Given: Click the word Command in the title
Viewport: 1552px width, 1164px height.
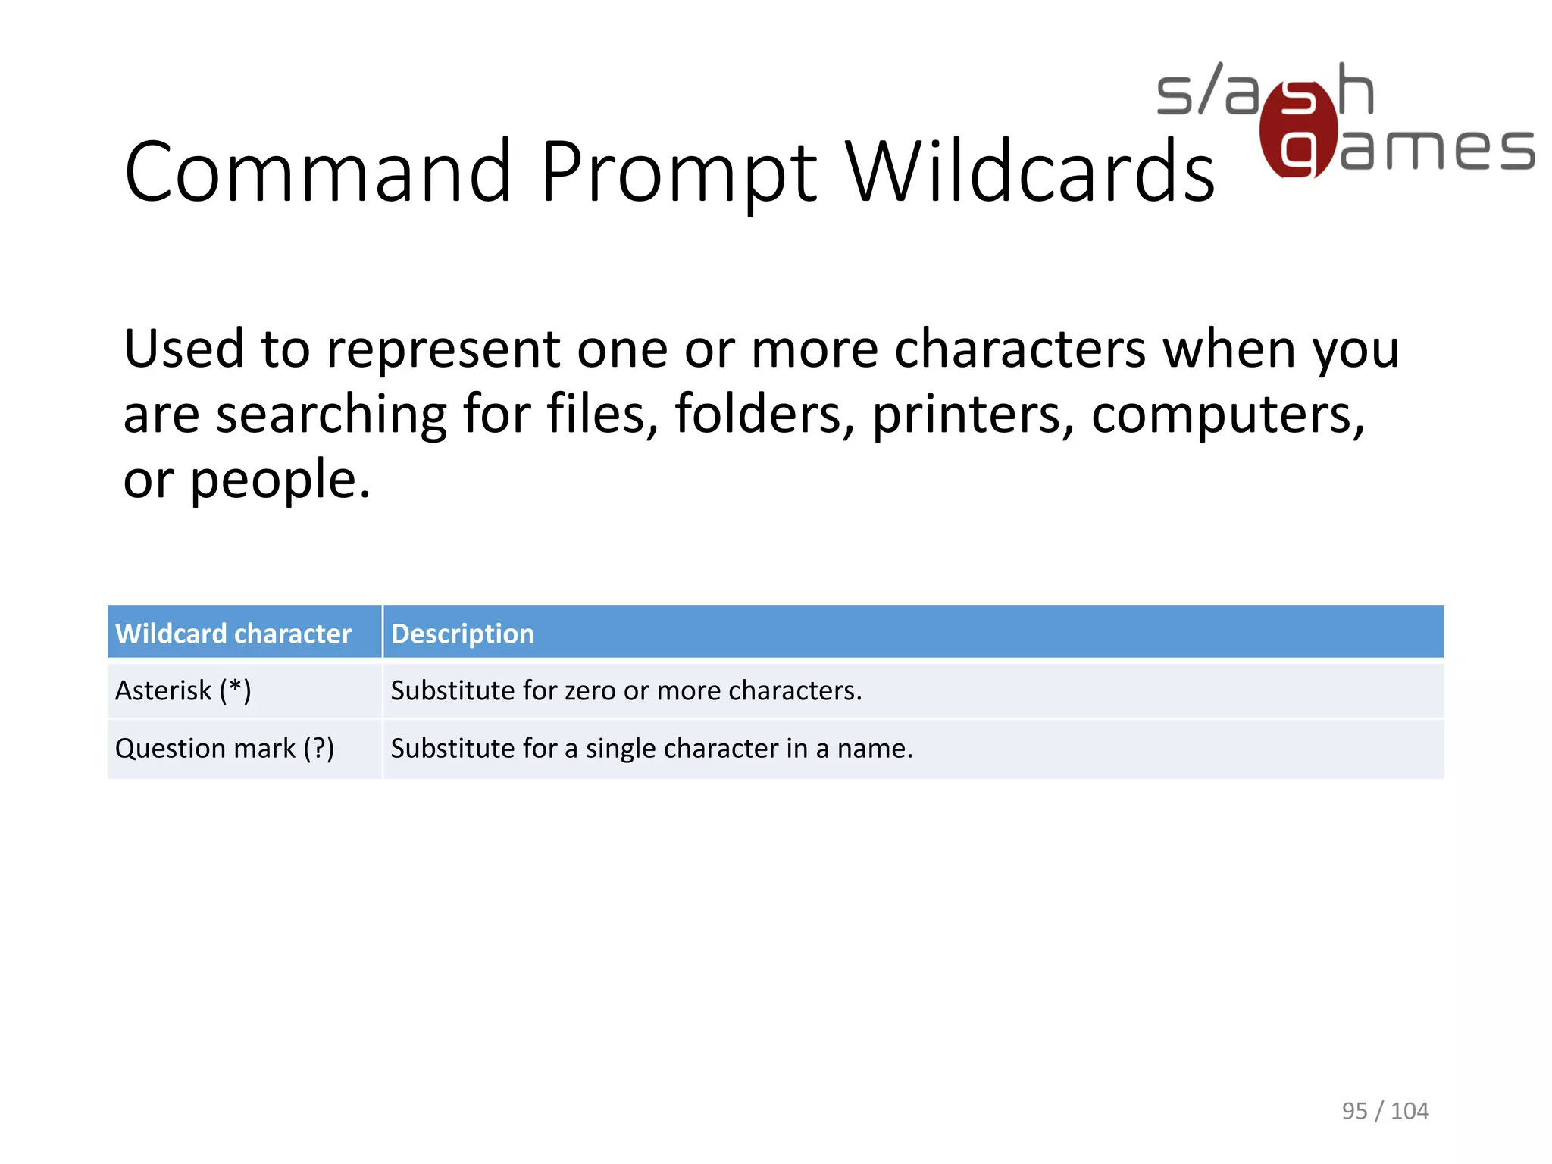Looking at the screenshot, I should pyautogui.click(x=318, y=172).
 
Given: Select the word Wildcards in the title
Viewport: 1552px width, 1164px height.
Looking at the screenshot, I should pyautogui.click(x=1029, y=172).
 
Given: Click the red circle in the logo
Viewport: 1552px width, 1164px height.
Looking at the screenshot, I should pyautogui.click(x=1297, y=130).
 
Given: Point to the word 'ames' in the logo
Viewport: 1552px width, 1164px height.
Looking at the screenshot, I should pyautogui.click(x=1437, y=149).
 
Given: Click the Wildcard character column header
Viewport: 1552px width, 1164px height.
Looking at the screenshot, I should pyautogui.click(x=233, y=634).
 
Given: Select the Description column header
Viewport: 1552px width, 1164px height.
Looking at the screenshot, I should pyautogui.click(x=462, y=634).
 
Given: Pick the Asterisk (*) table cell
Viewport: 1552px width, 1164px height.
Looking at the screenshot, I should pyautogui.click(x=183, y=690).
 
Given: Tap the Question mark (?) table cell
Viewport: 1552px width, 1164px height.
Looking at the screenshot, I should pyautogui.click(x=224, y=748).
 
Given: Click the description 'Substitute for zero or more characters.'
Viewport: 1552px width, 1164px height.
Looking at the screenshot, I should pyautogui.click(x=626, y=690).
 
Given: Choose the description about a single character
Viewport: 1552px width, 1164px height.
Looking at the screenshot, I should pyautogui.click(x=652, y=748).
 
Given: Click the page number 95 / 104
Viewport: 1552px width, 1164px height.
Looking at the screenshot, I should pyautogui.click(x=1385, y=1110).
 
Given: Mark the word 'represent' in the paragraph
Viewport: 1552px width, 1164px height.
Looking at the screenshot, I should pyautogui.click(x=443, y=350).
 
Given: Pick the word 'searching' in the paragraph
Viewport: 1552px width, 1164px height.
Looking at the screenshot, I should pyautogui.click(x=331, y=415).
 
